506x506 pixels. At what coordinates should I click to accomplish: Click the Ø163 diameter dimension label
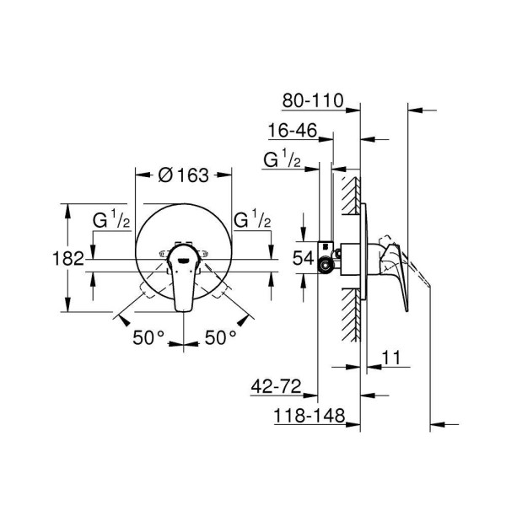tap(184, 175)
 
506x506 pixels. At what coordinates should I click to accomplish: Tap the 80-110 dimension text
tap(313, 100)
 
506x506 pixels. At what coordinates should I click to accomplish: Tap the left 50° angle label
tap(148, 337)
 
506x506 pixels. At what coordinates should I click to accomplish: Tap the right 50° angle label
tap(220, 337)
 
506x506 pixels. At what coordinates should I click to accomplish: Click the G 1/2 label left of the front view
tap(110, 221)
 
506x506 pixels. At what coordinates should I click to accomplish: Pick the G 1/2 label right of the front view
tap(251, 221)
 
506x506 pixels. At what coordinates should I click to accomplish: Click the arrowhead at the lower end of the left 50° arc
tap(122, 318)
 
